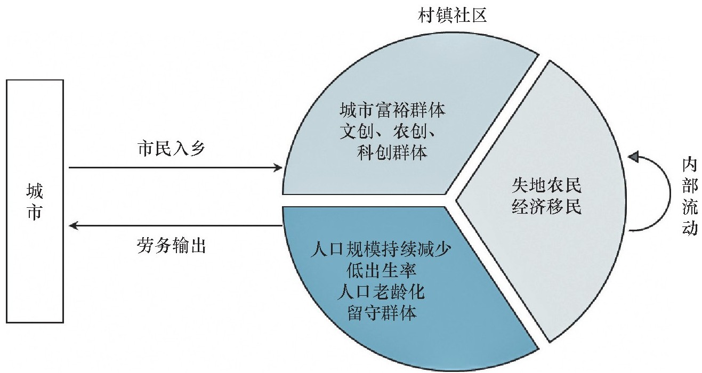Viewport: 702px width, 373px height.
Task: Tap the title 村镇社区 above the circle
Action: [x=453, y=16]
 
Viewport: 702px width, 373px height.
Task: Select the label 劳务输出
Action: [x=171, y=246]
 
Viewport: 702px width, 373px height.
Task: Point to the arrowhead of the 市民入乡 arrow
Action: [x=278, y=168]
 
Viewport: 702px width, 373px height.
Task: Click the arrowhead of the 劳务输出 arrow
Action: [x=74, y=226]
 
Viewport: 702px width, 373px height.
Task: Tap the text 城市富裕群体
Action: [x=392, y=111]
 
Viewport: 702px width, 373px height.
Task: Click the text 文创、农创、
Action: [x=392, y=132]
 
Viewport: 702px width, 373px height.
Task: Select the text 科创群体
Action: [x=392, y=153]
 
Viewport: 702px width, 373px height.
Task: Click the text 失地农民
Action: [x=546, y=185]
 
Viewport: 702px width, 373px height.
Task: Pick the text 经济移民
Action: [x=546, y=207]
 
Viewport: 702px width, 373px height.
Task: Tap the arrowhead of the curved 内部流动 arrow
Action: [x=633, y=157]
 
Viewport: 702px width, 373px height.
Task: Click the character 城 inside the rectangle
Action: [x=35, y=191]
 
